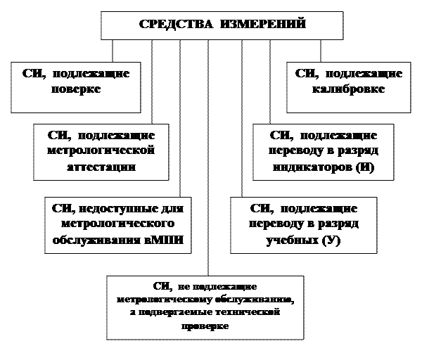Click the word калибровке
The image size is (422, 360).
pos(349,89)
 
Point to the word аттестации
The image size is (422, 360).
pos(101,167)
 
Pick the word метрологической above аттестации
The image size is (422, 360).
pos(101,151)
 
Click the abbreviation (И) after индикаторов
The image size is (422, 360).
pos(365,168)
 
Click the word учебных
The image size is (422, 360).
pos(290,240)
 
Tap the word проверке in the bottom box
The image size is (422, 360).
pos(206,326)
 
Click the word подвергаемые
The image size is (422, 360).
pos(181,312)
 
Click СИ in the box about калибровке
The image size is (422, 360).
pos(304,73)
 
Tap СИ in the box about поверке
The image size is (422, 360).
pos(32,73)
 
